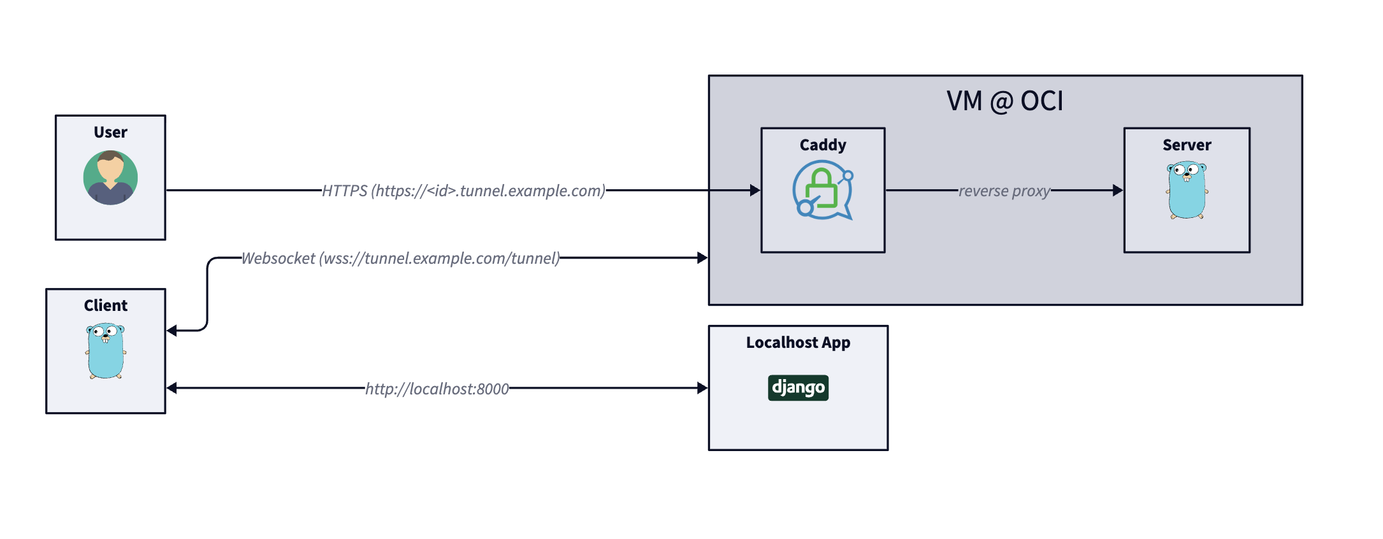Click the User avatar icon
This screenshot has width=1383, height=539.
click(x=110, y=178)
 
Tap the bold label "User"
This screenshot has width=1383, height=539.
click(x=110, y=133)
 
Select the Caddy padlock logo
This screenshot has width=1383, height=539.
click(x=823, y=190)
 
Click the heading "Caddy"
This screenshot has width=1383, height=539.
click(x=823, y=145)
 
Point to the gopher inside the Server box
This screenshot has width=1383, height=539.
click(x=1187, y=190)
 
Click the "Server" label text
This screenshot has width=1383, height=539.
click(x=1187, y=145)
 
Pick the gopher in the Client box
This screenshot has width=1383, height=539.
click(x=106, y=351)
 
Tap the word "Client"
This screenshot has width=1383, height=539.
click(x=106, y=306)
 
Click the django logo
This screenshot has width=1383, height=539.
click(x=798, y=387)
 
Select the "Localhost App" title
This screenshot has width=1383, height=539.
click(x=798, y=343)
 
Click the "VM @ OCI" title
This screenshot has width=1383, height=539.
click(x=1005, y=101)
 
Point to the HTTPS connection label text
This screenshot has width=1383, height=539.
click(x=463, y=190)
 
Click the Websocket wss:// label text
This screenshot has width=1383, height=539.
click(x=401, y=258)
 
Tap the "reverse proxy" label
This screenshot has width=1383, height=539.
click(x=1004, y=190)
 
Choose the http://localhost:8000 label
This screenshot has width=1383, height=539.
click(x=437, y=389)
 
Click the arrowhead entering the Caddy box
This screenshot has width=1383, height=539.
click(x=755, y=190)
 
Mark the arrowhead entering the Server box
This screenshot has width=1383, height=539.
click(x=1118, y=190)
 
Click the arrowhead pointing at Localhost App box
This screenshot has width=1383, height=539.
click(x=703, y=387)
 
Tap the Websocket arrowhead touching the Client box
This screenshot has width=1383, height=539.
click(x=171, y=331)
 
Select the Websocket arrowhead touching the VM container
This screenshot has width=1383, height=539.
click(x=703, y=257)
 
